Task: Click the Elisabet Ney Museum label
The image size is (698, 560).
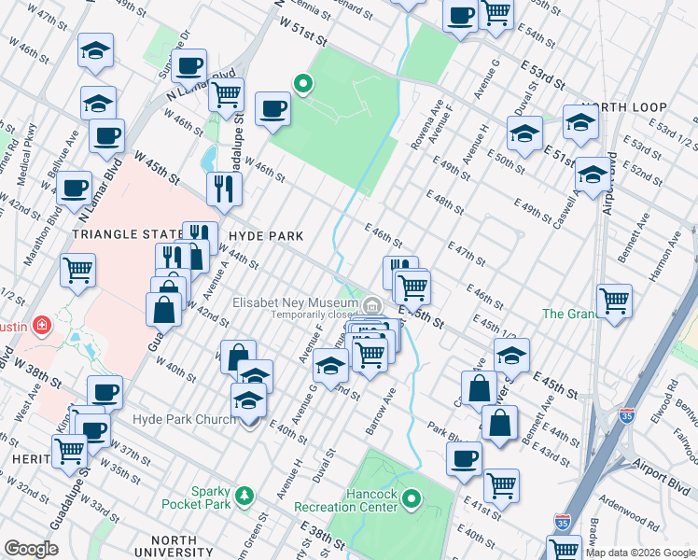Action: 296,302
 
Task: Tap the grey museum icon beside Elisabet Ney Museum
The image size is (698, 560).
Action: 372,304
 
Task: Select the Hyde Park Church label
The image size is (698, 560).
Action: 185,420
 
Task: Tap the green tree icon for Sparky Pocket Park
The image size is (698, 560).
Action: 244,493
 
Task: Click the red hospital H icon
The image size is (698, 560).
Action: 40,326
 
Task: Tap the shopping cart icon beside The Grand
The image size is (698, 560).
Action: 615,302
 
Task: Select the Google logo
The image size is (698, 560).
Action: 31,549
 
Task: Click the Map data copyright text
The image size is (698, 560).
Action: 639,553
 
